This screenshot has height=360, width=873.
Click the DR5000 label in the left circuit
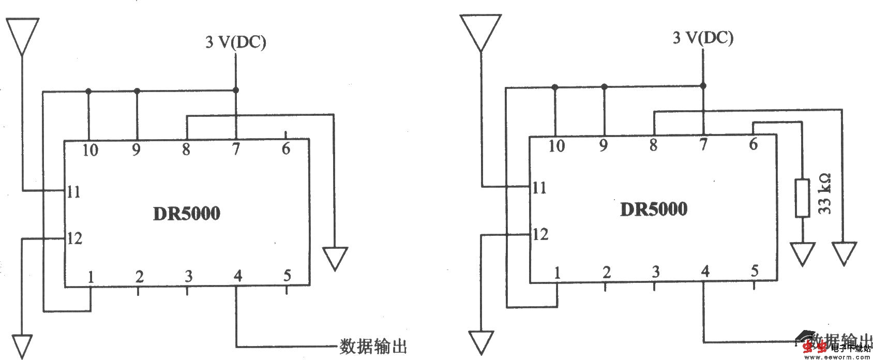186,214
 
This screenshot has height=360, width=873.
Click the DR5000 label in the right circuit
653,209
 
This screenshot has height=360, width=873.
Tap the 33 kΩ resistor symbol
802,198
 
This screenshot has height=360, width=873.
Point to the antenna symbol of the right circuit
480,32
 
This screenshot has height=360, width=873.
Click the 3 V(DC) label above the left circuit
236,42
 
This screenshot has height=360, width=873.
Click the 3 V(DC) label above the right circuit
703,38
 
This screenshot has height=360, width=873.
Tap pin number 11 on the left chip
73,192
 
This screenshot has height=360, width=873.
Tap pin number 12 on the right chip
540,234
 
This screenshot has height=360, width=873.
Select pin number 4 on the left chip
237,276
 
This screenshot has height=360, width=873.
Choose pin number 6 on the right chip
753,144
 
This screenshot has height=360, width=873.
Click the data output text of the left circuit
372,346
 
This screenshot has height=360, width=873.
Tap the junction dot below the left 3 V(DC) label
236,90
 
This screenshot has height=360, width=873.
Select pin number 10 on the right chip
556,146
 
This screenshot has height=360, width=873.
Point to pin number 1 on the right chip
557,272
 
